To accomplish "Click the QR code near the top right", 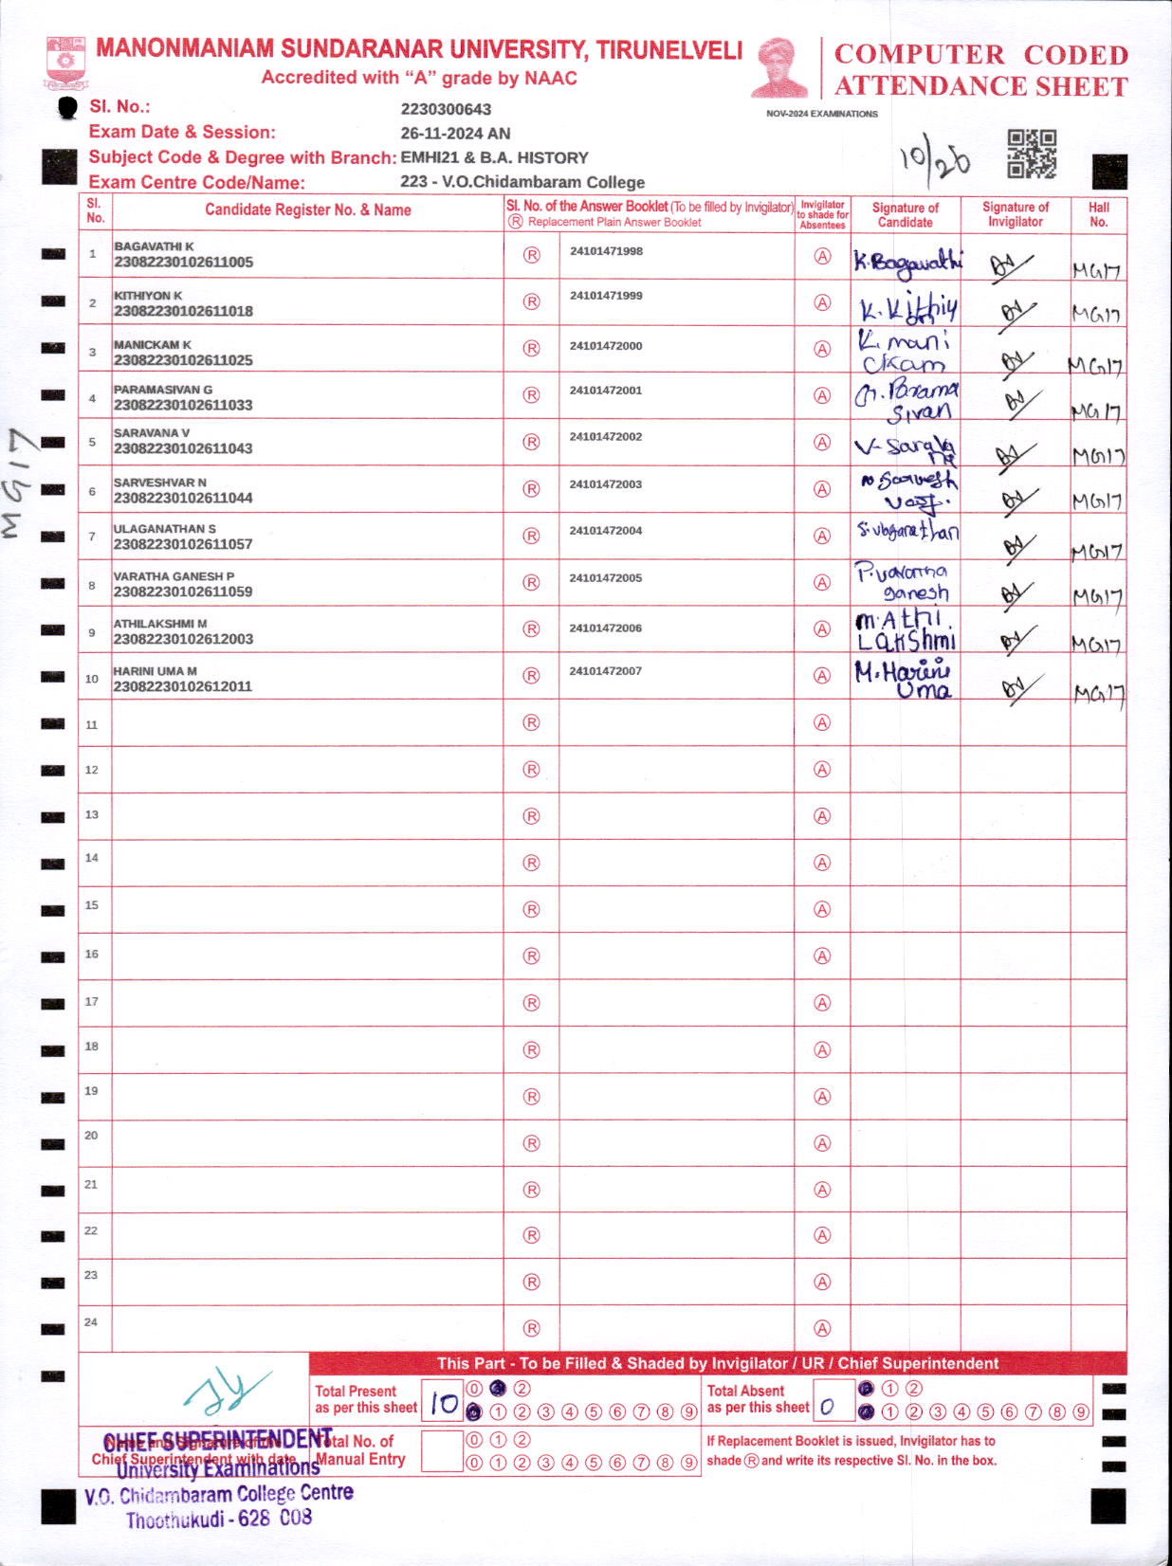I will (x=1032, y=154).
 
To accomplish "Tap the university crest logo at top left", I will (x=65, y=63).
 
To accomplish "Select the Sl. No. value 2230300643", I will (x=446, y=109).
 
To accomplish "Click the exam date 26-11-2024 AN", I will (x=455, y=134).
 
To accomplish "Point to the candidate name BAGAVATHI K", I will (x=154, y=246).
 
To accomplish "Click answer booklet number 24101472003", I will (x=606, y=484).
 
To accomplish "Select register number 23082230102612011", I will (x=183, y=686).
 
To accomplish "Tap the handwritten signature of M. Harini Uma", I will (x=903, y=679).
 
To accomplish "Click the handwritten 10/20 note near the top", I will (x=935, y=159).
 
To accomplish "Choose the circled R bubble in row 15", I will (x=531, y=909).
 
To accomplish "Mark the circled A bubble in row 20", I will (x=822, y=1143).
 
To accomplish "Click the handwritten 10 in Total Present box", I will (x=443, y=1403).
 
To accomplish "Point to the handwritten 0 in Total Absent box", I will (x=827, y=1408).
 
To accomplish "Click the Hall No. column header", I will (x=1098, y=214).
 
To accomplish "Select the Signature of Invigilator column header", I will (x=1015, y=214).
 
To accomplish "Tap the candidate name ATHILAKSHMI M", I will (x=160, y=624).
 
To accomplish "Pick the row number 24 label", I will (x=91, y=1322).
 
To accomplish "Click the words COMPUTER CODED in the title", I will (x=980, y=55).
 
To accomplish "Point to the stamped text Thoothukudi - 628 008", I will (x=219, y=1519).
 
